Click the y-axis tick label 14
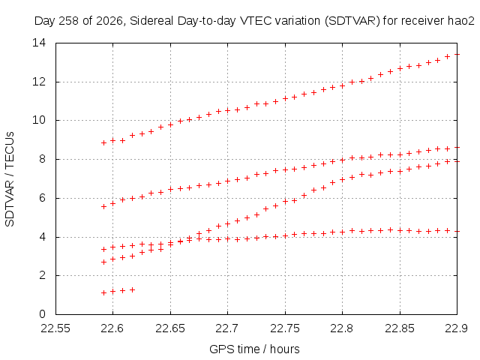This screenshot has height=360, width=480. (39, 43)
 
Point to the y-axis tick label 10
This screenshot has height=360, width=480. (39, 120)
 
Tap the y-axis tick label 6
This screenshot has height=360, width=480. (42, 198)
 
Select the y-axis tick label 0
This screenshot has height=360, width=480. (42, 314)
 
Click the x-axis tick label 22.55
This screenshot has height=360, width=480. (55, 328)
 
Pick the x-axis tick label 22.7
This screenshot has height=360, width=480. (227, 328)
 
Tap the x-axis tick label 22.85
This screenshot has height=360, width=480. (400, 328)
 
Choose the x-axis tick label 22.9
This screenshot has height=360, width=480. (457, 328)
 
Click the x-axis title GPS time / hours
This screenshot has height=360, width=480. (254, 349)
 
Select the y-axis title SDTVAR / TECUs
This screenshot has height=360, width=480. (10, 179)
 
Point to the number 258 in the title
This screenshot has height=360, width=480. (69, 21)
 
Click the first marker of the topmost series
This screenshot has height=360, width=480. (103, 142)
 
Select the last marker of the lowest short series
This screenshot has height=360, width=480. (132, 289)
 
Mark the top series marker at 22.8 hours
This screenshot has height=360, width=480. (342, 86)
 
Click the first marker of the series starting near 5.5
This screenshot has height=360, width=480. (103, 207)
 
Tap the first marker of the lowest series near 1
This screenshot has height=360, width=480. (103, 293)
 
